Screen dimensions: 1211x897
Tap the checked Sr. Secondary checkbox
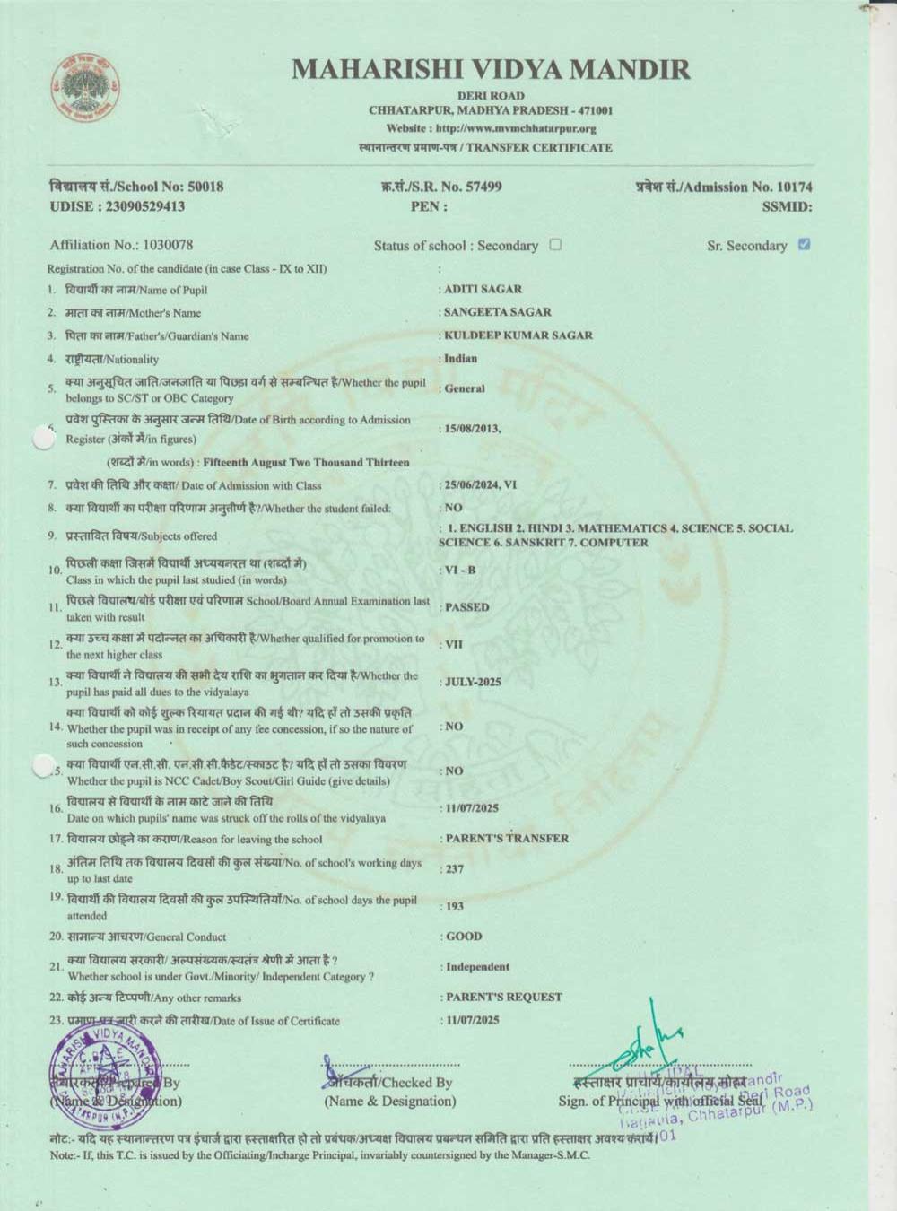coord(804,244)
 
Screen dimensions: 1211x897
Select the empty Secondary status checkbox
coord(555,244)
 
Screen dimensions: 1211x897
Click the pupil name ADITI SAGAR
coord(483,290)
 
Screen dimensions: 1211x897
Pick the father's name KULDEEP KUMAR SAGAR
coord(518,335)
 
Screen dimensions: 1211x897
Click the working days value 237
coord(455,869)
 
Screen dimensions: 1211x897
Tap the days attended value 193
coord(455,907)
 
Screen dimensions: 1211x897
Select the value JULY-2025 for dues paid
coord(474,682)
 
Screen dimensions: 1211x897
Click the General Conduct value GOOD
coord(464,937)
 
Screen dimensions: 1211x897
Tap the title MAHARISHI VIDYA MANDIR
coord(491,69)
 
